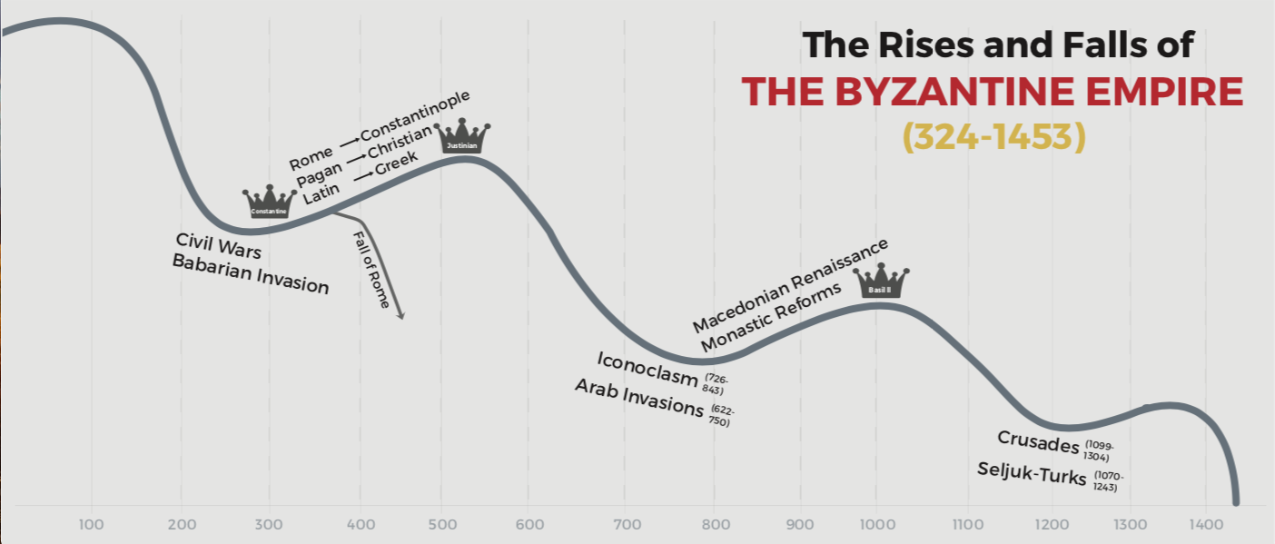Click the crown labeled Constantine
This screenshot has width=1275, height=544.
270,203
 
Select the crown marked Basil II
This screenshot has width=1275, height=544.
880,282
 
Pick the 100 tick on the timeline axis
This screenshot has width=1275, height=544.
91,524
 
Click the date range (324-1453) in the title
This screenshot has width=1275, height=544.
993,136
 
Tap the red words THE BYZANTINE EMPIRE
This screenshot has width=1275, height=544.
993,92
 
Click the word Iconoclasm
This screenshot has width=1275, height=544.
647,368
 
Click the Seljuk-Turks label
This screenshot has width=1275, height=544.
1032,472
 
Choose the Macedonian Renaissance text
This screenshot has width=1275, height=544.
789,286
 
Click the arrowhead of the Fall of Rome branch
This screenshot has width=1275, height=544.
400,314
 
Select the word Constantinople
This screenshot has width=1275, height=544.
415,116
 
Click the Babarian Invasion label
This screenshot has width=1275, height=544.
250,273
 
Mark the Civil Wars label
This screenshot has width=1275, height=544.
219,244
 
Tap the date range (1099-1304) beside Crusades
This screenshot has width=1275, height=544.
1099,451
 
